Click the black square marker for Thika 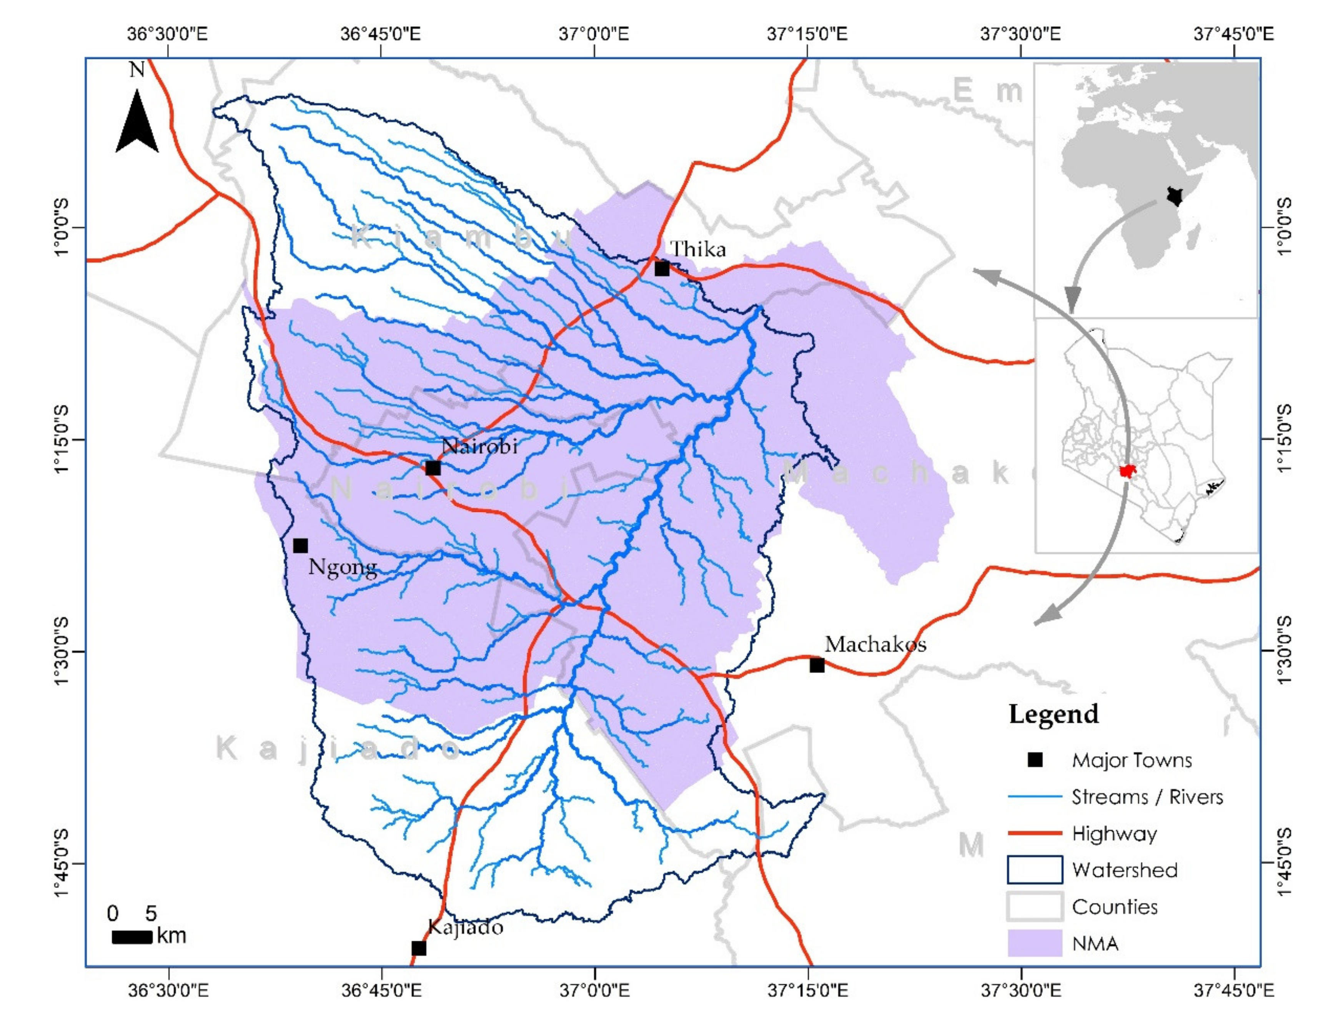[662, 268]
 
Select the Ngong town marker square [300, 546]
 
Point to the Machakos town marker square [817, 665]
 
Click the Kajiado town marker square [419, 948]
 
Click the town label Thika [698, 249]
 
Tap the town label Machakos [875, 644]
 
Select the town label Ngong [342, 568]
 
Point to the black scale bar [132, 937]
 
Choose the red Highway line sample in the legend [1035, 833]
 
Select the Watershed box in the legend [1035, 869]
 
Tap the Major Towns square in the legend [1035, 760]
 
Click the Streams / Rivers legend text [1147, 797]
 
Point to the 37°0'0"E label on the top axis [594, 34]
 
